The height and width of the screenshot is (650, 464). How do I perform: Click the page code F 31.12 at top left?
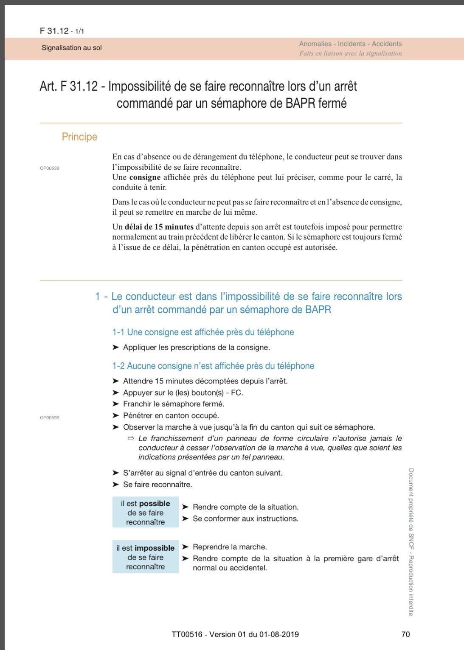coord(54,31)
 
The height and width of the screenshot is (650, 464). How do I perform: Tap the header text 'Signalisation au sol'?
coord(72,48)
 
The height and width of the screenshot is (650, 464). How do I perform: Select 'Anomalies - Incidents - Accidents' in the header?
coord(350,44)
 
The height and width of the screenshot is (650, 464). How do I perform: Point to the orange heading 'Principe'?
coord(79,137)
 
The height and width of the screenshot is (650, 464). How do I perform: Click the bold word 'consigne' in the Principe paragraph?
coord(145,177)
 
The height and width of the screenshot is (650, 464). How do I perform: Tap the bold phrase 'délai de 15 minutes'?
coord(159,227)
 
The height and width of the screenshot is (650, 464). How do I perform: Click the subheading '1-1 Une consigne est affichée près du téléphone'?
coord(203,332)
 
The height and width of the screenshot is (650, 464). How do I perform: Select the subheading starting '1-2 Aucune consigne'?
coord(213,366)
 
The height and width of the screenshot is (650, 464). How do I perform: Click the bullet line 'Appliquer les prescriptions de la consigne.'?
coord(197,347)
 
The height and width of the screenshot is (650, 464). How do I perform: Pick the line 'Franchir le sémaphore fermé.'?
coord(174,404)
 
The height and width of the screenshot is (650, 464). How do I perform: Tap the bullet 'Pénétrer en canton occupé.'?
coord(171,415)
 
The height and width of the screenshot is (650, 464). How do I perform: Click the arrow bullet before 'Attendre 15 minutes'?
coord(115,381)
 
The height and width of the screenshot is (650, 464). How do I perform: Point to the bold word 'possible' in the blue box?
coord(155,504)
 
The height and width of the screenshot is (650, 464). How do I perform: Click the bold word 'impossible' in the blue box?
coord(155,548)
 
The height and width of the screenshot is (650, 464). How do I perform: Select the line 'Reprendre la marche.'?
coord(230,547)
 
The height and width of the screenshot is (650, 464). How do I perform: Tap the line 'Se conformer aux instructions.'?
coord(245,518)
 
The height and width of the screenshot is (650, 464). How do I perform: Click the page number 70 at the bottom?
coord(405,634)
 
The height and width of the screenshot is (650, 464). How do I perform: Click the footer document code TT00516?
coord(187,635)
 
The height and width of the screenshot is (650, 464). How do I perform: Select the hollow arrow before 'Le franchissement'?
coord(131,438)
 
